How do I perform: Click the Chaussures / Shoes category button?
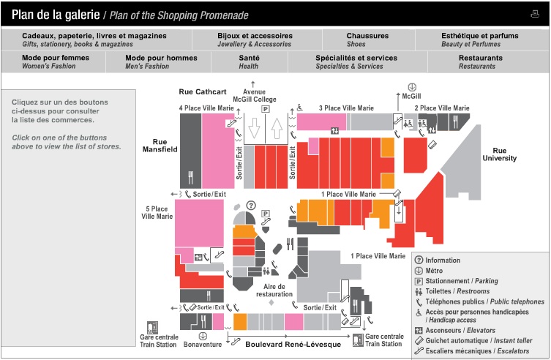[367, 40]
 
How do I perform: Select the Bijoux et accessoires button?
[255, 40]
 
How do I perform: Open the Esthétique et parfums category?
[480, 40]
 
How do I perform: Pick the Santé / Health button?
[248, 62]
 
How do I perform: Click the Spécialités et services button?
[356, 62]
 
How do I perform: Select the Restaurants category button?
[480, 62]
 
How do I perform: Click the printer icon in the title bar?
[535, 13]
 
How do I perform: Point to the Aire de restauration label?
[274, 290]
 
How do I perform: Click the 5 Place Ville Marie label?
[157, 213]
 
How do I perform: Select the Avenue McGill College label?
[254, 97]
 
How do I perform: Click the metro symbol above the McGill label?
[411, 86]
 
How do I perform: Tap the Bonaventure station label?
[202, 344]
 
